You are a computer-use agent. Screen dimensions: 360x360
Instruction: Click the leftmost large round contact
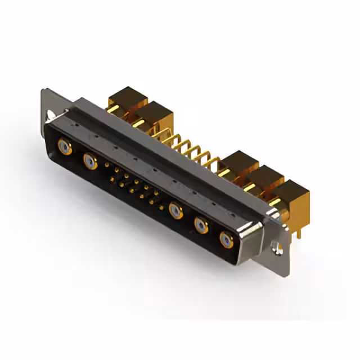pos(65,148)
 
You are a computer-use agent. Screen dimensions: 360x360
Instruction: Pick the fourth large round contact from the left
pos(201,226)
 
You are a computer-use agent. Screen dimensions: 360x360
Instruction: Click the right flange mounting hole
pos(277,246)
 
